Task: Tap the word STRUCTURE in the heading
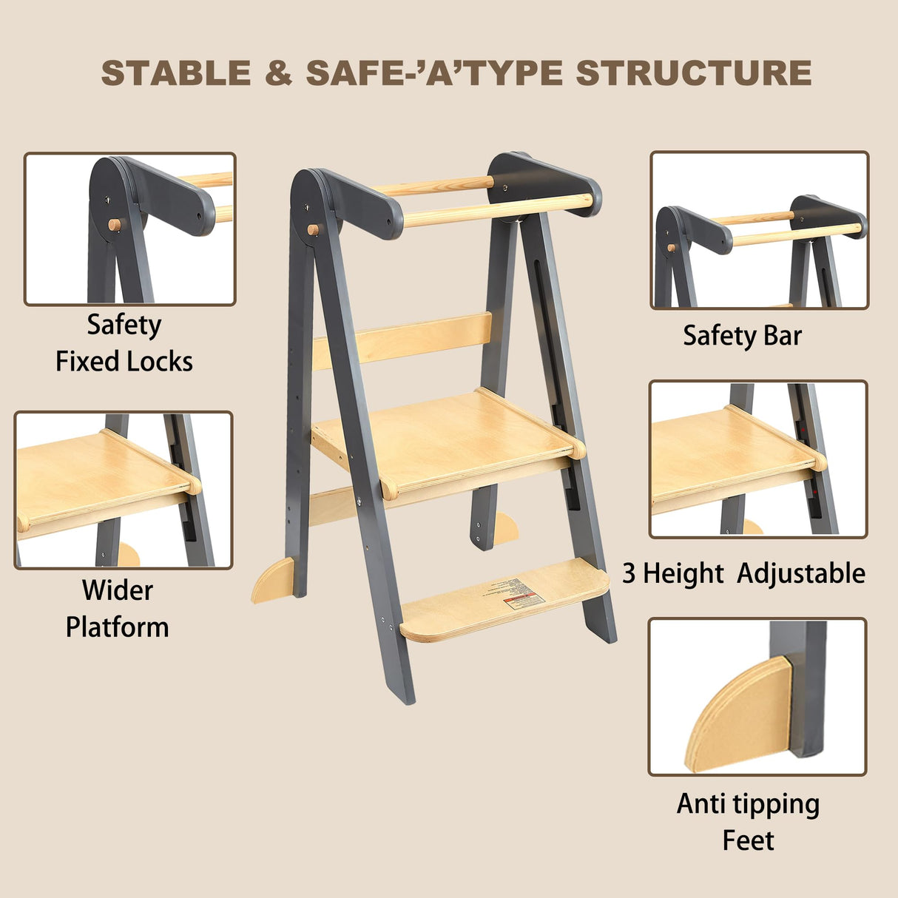693,73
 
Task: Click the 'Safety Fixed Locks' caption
124,343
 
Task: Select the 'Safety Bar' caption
742,336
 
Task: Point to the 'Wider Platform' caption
118,609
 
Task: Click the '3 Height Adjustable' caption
743,573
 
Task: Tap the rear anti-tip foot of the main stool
506,527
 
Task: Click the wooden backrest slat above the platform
403,340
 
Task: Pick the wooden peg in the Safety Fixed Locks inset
114,224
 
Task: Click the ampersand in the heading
278,73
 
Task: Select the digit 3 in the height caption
629,574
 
